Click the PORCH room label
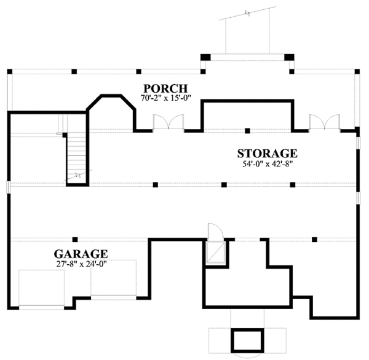[x=164, y=87]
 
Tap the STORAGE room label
[x=268, y=153]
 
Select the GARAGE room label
[x=81, y=253]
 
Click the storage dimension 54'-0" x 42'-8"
[x=268, y=164]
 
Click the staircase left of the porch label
[x=77, y=157]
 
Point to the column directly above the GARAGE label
[x=75, y=239]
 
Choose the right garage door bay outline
[x=114, y=278]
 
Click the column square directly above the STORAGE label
[x=246, y=130]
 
